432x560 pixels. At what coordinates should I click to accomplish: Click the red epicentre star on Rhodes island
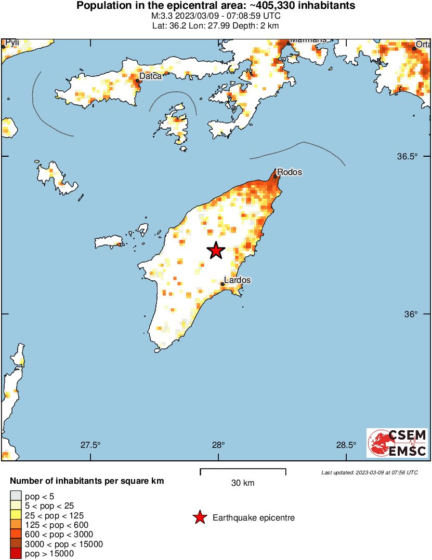[216, 251]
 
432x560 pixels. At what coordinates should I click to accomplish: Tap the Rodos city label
[290, 172]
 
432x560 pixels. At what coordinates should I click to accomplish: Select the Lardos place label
[238, 280]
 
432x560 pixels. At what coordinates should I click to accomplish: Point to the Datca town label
[151, 76]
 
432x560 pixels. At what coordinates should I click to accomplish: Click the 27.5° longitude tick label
[90, 445]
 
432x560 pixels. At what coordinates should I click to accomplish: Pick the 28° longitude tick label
[218, 445]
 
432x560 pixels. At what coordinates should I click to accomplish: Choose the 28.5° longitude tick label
[346, 445]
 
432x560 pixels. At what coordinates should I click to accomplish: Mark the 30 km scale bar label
[243, 483]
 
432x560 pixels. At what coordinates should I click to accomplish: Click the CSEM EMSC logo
[397, 443]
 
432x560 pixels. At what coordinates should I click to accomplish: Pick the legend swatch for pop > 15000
[16, 554]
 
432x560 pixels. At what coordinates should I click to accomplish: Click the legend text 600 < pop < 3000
[59, 535]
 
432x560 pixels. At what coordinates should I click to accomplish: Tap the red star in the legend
[199, 517]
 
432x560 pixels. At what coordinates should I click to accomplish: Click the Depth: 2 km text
[263, 25]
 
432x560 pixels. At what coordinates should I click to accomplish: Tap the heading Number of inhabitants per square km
[87, 481]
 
